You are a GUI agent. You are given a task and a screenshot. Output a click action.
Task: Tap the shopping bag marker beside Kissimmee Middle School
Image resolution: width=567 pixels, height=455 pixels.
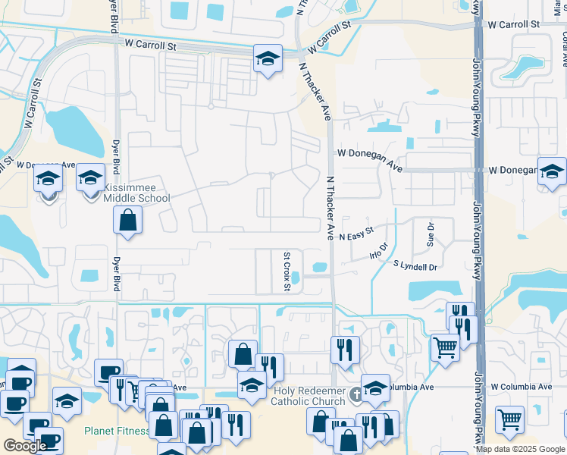click(x=128, y=221)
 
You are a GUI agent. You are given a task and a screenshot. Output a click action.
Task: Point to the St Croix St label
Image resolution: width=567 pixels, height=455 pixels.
click(x=287, y=271)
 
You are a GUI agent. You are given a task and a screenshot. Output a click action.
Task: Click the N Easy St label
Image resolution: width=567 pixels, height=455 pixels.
click(x=356, y=233)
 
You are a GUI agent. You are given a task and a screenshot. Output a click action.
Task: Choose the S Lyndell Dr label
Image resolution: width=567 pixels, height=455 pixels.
click(x=415, y=266)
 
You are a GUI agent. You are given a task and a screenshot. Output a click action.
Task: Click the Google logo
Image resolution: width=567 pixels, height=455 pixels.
click(x=25, y=445)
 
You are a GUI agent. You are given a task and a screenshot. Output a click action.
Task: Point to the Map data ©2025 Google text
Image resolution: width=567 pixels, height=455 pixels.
click(x=521, y=449)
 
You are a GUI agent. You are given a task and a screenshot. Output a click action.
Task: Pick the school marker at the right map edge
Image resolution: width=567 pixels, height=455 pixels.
click(x=553, y=171)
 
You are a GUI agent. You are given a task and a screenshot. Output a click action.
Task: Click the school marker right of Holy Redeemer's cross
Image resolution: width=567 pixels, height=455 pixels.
click(x=375, y=388)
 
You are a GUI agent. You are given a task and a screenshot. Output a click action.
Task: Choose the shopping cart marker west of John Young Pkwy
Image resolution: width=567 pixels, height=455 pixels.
click(x=445, y=348)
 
